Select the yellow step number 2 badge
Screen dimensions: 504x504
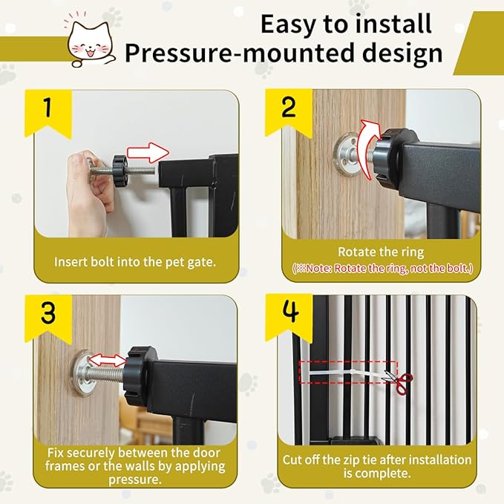(289, 110)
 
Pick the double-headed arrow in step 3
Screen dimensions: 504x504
(107, 360)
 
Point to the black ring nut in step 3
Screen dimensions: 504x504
(138, 374)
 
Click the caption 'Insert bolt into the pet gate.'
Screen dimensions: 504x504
(134, 261)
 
